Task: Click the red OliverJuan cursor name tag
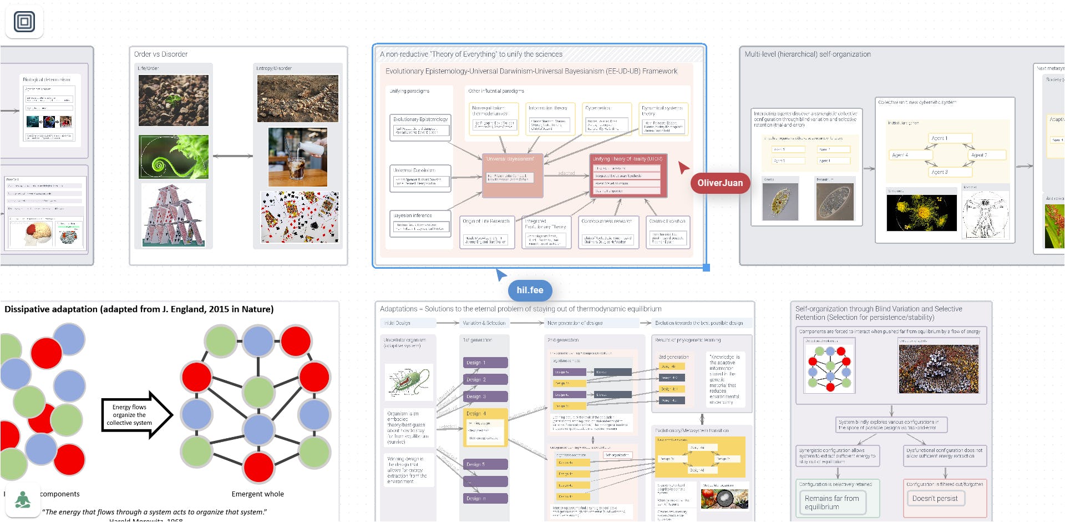click(720, 183)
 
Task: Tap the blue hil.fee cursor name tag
click(530, 290)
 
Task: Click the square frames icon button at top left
click(24, 22)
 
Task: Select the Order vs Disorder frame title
click(161, 54)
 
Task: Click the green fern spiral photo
click(174, 157)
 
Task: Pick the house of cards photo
click(174, 215)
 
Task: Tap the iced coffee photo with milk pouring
click(297, 157)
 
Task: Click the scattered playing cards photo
click(300, 217)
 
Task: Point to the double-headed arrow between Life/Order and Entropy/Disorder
click(233, 156)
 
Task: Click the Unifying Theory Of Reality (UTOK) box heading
click(627, 159)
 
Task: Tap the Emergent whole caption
click(257, 494)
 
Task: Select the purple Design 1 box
click(485, 363)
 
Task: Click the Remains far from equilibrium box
click(832, 503)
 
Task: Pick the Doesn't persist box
click(935, 499)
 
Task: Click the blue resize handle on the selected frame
click(706, 268)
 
